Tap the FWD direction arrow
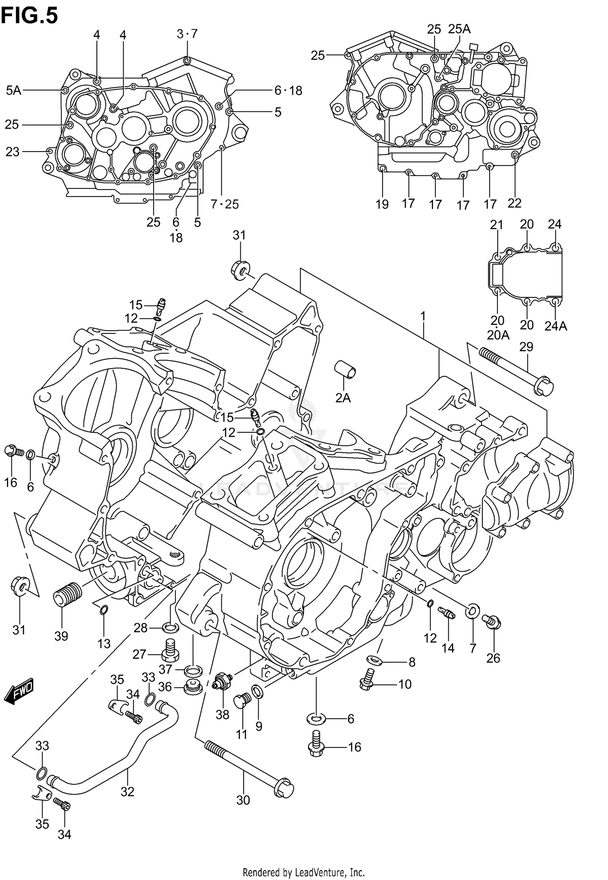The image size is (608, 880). tap(19, 690)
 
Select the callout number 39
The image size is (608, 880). tap(61, 636)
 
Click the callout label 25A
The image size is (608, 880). tap(459, 29)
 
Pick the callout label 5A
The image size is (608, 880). tap(13, 90)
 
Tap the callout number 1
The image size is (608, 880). tap(423, 316)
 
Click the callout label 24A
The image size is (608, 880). tap(555, 326)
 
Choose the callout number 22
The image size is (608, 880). tap(514, 203)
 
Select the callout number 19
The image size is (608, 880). tap(382, 204)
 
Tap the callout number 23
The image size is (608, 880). tap(13, 152)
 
